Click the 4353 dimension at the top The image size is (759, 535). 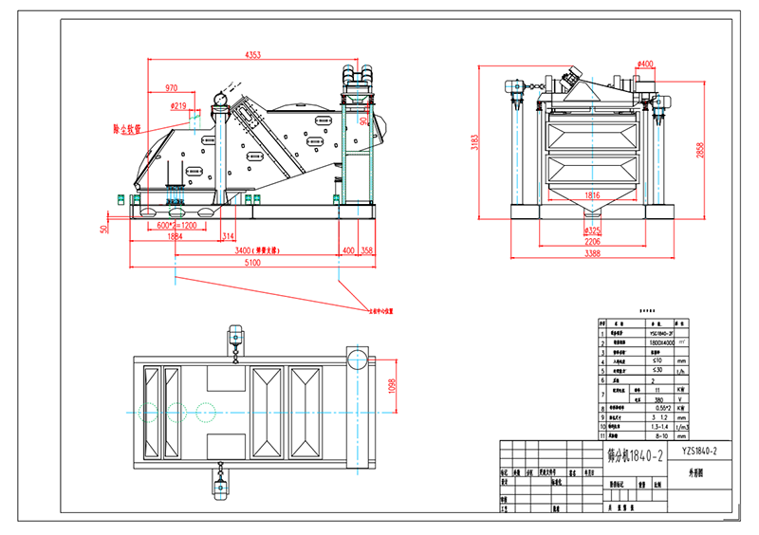click(253, 55)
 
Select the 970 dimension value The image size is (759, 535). click(172, 88)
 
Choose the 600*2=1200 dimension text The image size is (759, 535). click(176, 226)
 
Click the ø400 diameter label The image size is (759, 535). click(645, 65)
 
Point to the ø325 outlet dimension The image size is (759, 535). click(591, 231)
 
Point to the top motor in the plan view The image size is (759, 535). click(234, 337)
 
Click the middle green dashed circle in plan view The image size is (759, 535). click(176, 412)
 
